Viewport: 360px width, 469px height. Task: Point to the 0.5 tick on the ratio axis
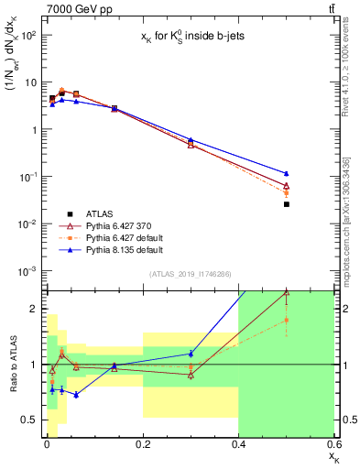point(29,420)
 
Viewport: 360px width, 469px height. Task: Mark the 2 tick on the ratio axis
point(34,309)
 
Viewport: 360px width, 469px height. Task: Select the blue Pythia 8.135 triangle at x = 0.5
point(287,173)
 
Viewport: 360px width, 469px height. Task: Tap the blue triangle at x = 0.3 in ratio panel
point(191,353)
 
